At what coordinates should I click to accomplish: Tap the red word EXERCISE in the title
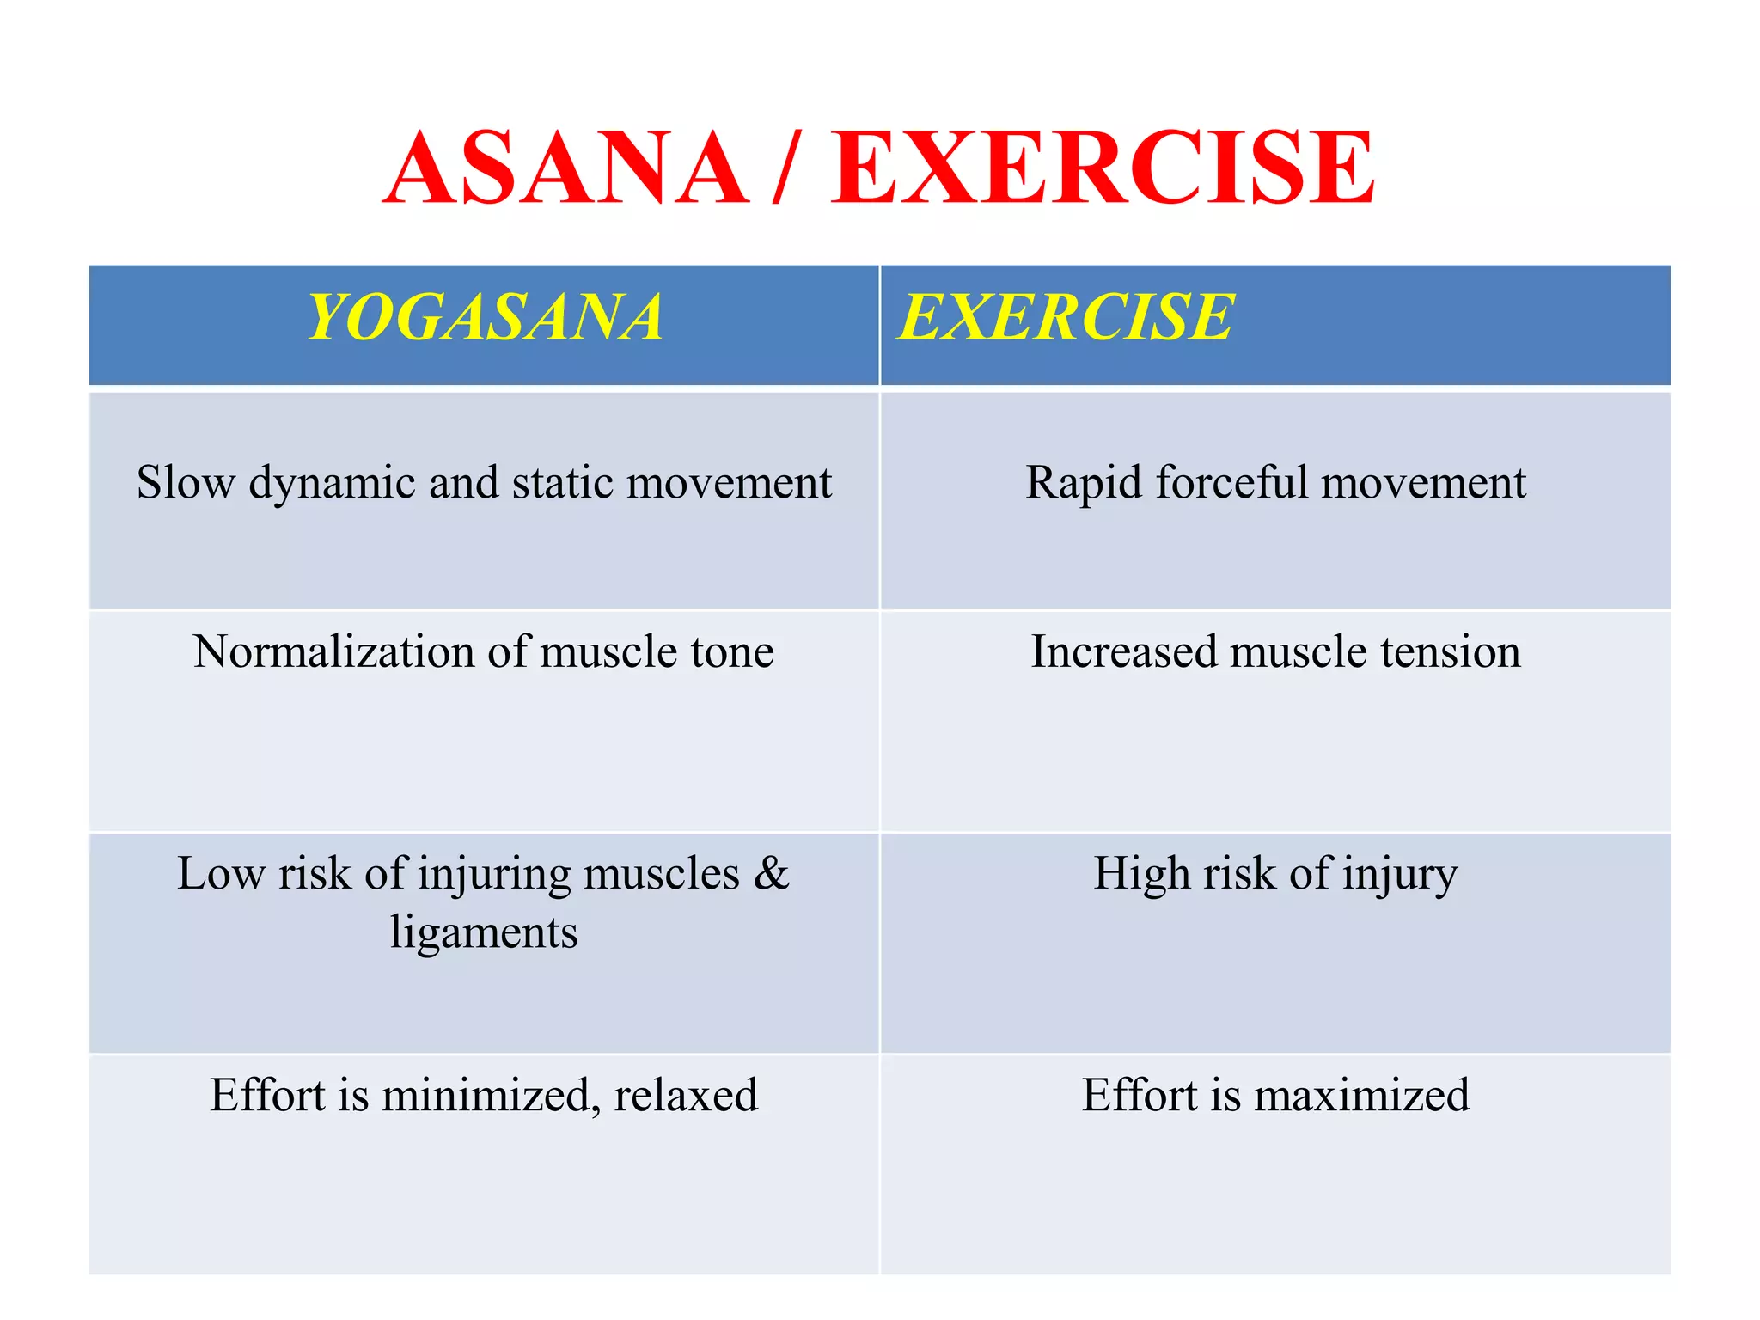point(1103,168)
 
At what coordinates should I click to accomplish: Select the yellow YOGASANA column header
point(485,317)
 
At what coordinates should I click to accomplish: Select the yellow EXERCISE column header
point(1066,317)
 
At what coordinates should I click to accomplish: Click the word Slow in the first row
point(186,482)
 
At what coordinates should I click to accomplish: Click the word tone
point(733,651)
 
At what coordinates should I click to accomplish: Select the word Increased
point(1124,651)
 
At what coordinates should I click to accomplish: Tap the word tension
point(1451,651)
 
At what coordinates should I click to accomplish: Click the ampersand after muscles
point(771,873)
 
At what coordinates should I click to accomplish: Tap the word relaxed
point(686,1096)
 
